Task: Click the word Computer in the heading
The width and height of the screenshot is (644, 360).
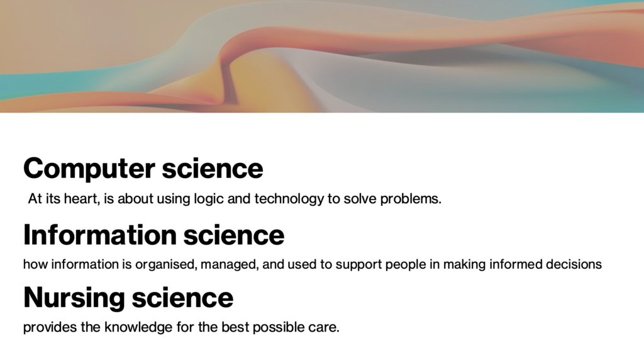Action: click(x=89, y=169)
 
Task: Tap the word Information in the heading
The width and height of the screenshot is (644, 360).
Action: click(x=100, y=235)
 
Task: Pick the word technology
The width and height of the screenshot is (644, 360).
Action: click(x=289, y=200)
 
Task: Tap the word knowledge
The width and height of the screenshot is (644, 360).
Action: click(x=138, y=328)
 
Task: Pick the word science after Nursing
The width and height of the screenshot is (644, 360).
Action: click(x=183, y=298)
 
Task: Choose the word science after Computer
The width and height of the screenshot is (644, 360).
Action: click(x=213, y=168)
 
